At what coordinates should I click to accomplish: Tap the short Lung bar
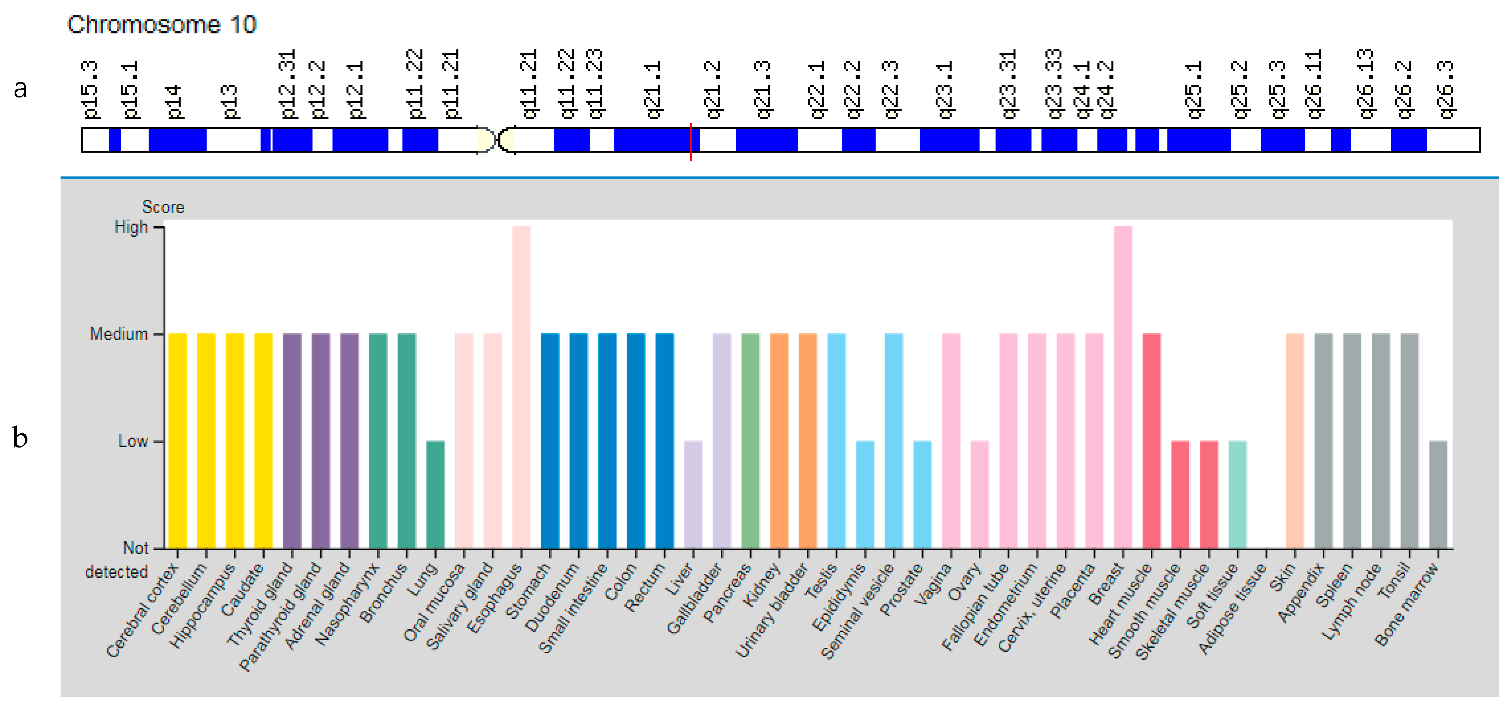tap(435, 494)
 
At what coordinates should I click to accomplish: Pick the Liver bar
tap(693, 494)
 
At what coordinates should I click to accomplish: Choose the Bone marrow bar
tap(1438, 494)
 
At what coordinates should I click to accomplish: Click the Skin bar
tap(1295, 441)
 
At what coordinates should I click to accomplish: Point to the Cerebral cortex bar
tap(178, 441)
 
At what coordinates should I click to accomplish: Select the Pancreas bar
tap(750, 441)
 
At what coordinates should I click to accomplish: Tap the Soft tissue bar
tap(1237, 494)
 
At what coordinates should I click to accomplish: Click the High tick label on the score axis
tap(131, 227)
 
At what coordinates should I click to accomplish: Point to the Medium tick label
tap(119, 334)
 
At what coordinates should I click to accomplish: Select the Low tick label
tap(133, 441)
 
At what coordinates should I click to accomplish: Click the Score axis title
tap(163, 207)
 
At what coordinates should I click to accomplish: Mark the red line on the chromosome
tap(691, 142)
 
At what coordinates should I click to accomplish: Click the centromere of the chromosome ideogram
tap(497, 140)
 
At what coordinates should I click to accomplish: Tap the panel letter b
tap(20, 438)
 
